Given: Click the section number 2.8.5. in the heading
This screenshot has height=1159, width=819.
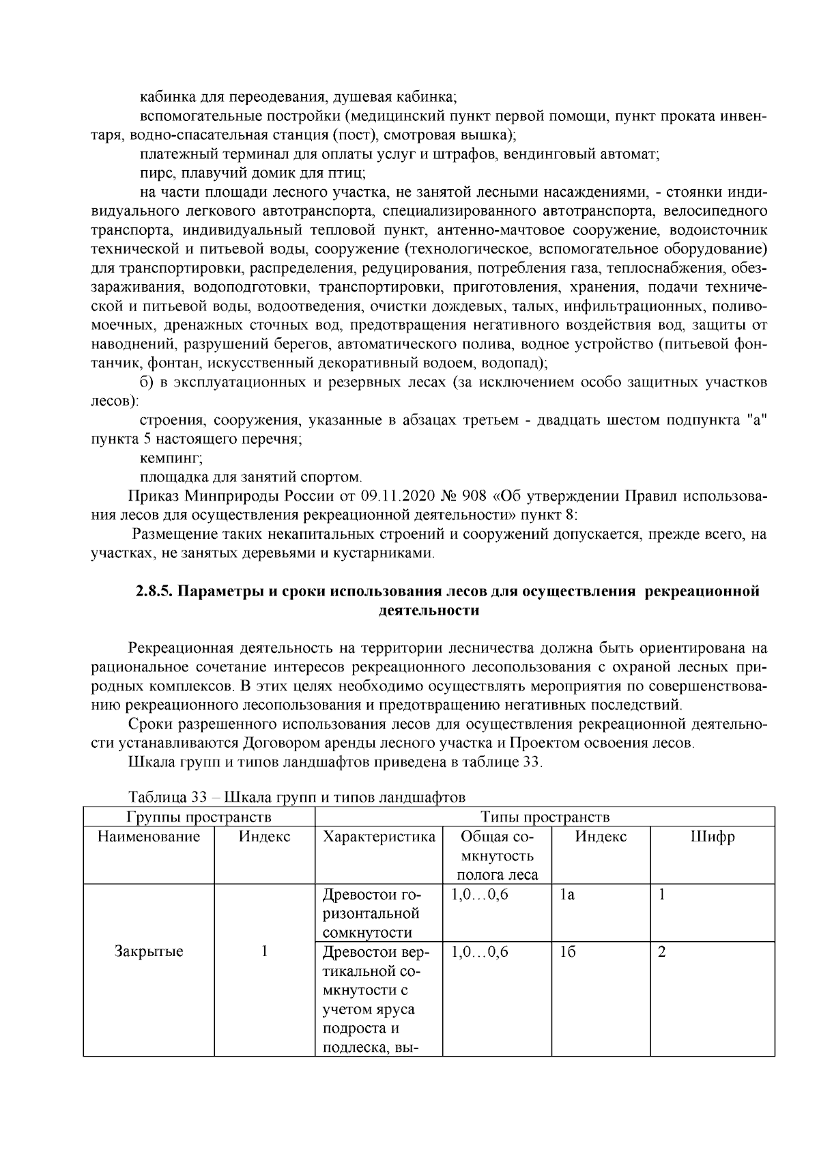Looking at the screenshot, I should pyautogui.click(x=156, y=591).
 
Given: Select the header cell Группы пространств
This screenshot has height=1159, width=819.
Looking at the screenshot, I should pyautogui.click(x=199, y=817).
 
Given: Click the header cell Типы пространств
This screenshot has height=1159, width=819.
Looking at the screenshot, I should pyautogui.click(x=545, y=817).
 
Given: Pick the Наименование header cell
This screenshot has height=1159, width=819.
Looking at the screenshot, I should pyautogui.click(x=149, y=837).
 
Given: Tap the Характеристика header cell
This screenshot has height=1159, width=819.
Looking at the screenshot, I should pyautogui.click(x=378, y=837).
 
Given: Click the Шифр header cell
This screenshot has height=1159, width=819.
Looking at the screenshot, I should pyautogui.click(x=712, y=837).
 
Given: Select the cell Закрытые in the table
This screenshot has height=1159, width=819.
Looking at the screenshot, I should pyautogui.click(x=149, y=951).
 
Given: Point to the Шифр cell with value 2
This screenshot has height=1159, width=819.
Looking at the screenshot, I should pyautogui.click(x=661, y=951).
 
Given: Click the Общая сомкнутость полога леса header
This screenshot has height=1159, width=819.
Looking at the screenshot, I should pyautogui.click(x=496, y=856).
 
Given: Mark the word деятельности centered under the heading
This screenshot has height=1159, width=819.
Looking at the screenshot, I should pyautogui.click(x=429, y=611).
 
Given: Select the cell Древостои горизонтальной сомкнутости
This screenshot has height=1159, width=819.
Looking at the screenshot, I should pyautogui.click(x=377, y=914).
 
